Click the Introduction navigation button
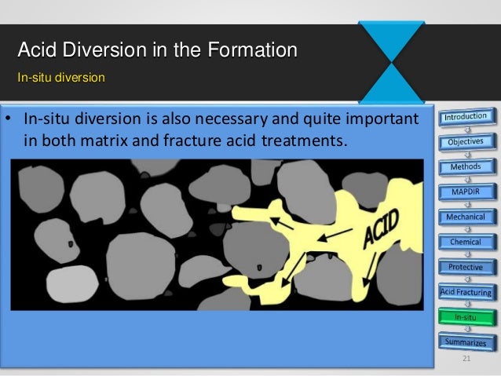tap(470, 117)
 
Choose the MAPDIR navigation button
tap(466, 192)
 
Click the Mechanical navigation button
tap(466, 216)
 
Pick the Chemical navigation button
tap(466, 242)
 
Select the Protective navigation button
tap(466, 267)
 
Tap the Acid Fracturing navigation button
tap(466, 292)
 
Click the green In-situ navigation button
tap(466, 317)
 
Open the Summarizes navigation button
tap(466, 342)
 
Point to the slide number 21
tap(466, 360)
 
